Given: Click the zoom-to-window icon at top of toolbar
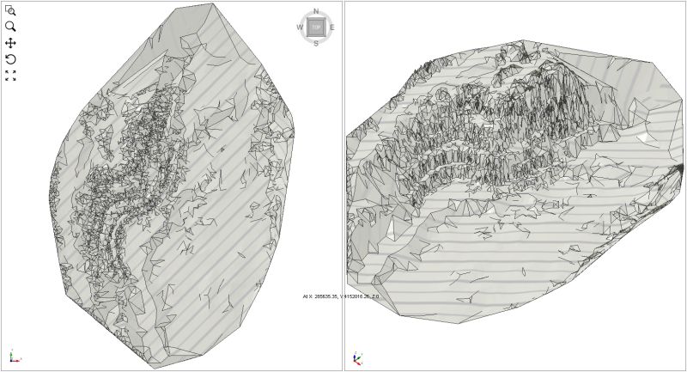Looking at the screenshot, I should pos(10,10).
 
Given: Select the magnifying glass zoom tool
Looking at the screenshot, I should pos(10,27).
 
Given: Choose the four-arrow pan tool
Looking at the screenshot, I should pos(10,43).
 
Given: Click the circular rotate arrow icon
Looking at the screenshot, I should pos(10,59).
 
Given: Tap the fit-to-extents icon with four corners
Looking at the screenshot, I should pos(10,76).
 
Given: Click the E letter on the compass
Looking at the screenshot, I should pos(331,27).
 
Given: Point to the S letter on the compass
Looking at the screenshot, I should pos(316,42).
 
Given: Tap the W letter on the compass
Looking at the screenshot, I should pos(300,27).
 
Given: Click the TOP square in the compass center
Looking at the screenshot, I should pos(316,27).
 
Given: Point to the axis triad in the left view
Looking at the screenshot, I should pos(13,357).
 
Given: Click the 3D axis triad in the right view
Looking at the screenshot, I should pos(358,357).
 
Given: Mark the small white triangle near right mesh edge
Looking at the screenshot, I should pos(643,135).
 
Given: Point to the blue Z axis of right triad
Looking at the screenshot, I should pos(356,353).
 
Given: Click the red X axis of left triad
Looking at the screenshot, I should pos(17,361).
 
